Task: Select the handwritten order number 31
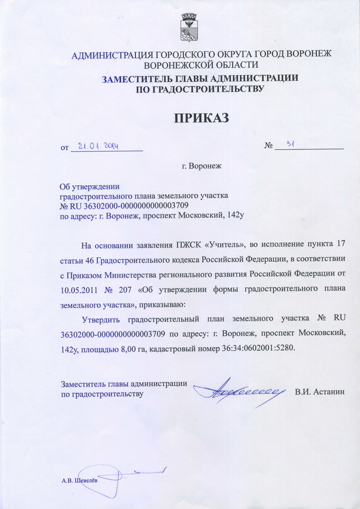pos(292,144)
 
